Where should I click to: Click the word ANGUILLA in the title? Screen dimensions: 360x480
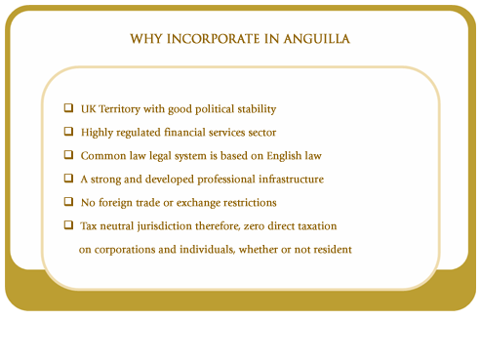pyautogui.click(x=312, y=40)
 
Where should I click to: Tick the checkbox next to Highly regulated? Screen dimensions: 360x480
pyautogui.click(x=69, y=131)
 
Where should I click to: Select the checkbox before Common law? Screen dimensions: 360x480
pyautogui.click(x=69, y=154)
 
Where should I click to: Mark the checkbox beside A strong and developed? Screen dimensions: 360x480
pyautogui.click(x=69, y=179)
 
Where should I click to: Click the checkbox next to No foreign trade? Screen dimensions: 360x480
pyautogui.click(x=69, y=202)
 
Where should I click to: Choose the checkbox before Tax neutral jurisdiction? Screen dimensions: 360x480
pyautogui.click(x=69, y=225)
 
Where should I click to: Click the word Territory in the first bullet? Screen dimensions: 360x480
pyautogui.click(x=122, y=108)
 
